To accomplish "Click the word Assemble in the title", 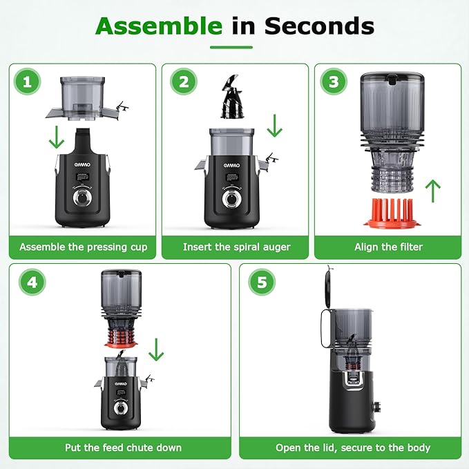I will [x=158, y=26].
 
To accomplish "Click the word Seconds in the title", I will [x=319, y=26].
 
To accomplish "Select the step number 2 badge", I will [x=182, y=83].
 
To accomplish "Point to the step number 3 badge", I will [x=334, y=83].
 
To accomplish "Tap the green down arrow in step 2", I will [x=275, y=125].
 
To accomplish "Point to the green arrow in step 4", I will [x=157, y=350].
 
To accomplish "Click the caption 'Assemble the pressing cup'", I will [x=83, y=247].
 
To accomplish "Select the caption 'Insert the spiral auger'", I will [x=236, y=247].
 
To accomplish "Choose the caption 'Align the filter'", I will [x=388, y=247].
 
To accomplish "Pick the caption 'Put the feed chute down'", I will [x=124, y=448].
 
